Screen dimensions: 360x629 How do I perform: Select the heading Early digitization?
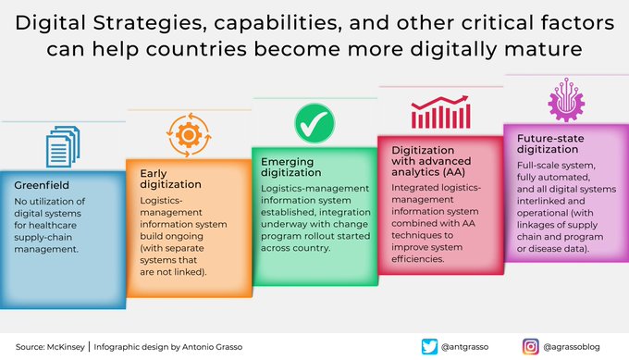(170, 179)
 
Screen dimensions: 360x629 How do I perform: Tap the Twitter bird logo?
(427, 346)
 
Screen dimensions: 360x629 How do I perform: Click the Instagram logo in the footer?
(531, 346)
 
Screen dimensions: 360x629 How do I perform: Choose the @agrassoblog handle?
(575, 346)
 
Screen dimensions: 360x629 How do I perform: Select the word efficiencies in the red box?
(421, 260)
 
